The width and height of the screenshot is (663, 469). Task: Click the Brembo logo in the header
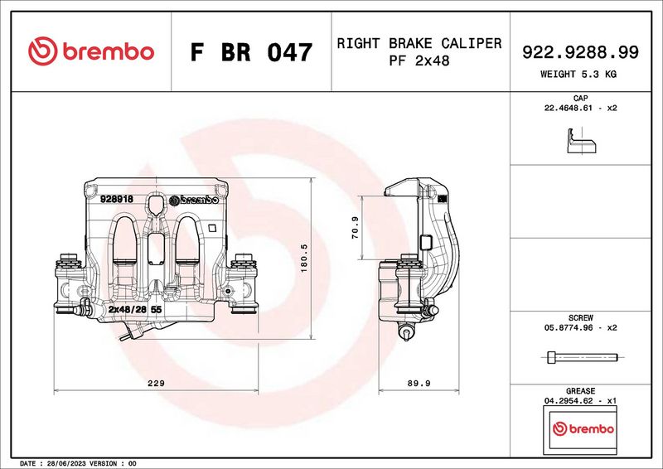point(91,51)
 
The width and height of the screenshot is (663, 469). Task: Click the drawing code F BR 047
point(252,52)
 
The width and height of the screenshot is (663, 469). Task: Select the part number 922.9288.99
point(580,52)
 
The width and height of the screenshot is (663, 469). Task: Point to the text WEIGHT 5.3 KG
point(578,74)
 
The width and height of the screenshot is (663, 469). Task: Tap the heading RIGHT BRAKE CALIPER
point(419,43)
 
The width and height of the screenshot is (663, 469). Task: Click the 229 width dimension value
point(156,383)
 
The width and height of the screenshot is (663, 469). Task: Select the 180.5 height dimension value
point(304,258)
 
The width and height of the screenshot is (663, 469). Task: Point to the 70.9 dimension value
point(355,228)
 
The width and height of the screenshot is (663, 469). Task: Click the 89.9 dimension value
point(419,383)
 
